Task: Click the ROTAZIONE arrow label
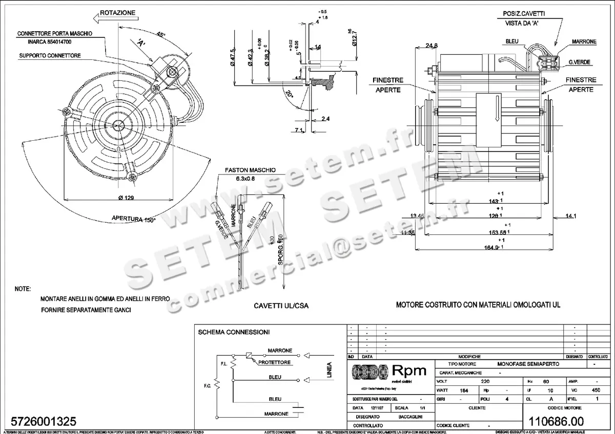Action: coord(117,11)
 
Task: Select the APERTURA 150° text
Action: coord(133,220)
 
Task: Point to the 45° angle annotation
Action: coord(161,35)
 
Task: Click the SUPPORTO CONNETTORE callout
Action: coord(49,55)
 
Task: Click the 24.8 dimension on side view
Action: coord(432,46)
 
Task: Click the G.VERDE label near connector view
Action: coord(579,62)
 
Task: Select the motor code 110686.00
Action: coord(558,421)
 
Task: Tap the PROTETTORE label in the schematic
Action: coord(275,362)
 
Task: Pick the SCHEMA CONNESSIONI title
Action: coord(233,332)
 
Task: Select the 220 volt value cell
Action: coord(485,382)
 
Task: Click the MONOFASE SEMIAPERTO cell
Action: coord(529,364)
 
